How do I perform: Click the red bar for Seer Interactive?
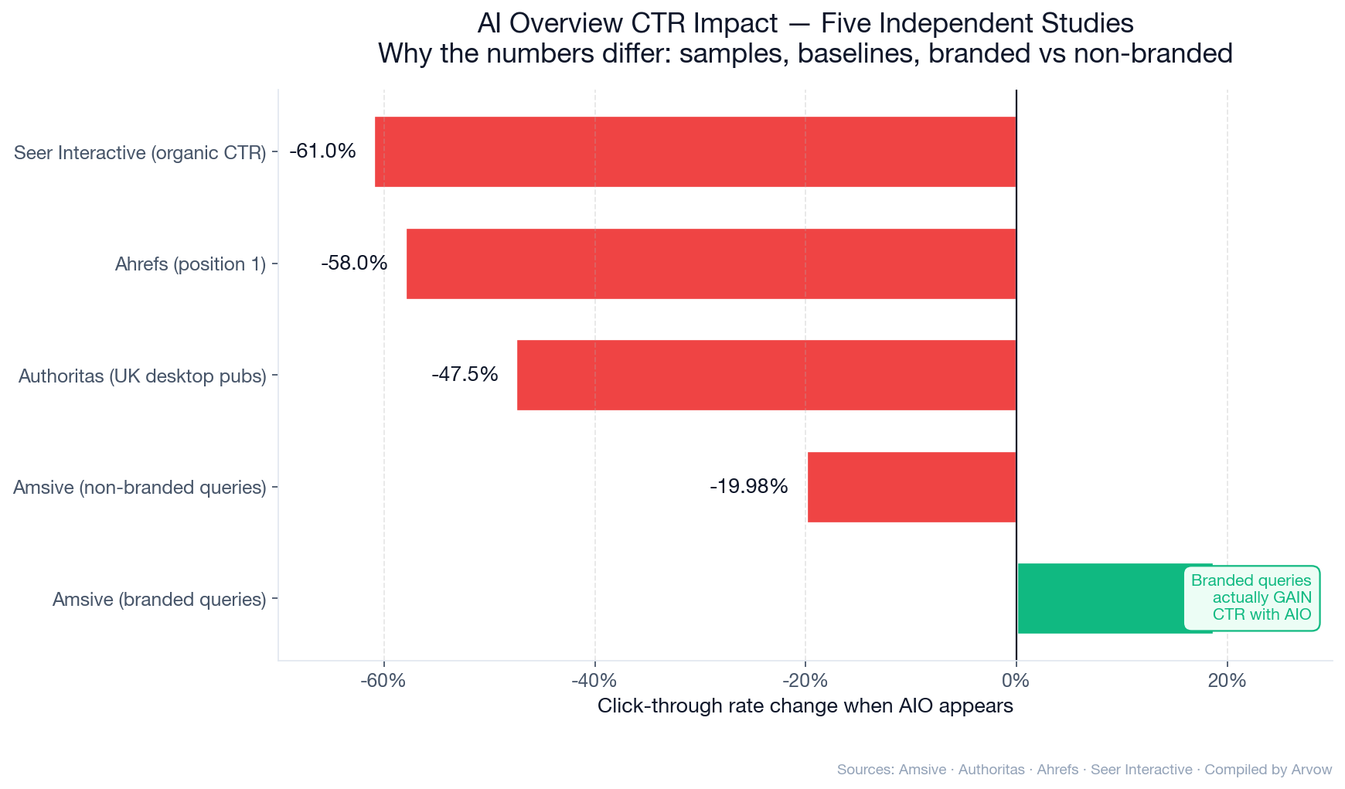point(695,151)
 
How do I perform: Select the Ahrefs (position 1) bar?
point(710,264)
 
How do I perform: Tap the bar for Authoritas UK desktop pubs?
point(766,375)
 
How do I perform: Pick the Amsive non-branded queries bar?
point(911,487)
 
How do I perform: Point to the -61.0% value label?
point(322,151)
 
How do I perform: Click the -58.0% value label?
point(354,264)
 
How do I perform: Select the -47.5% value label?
point(465,375)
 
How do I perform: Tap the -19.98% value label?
point(748,487)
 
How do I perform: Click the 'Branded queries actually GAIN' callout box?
point(1251,598)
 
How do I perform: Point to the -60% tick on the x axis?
point(383,681)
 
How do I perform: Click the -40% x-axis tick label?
point(594,681)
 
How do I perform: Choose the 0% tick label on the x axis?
point(1016,681)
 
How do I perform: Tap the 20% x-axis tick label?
point(1227,681)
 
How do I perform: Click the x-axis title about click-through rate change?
point(805,706)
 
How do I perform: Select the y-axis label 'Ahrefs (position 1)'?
point(190,264)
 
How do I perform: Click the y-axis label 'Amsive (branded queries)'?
point(159,600)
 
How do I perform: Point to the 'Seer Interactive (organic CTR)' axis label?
point(140,153)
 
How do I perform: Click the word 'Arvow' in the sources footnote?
point(1311,770)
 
